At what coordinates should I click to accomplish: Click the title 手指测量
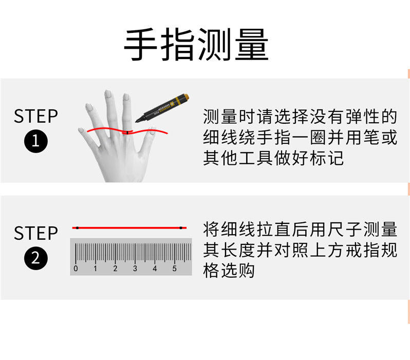tap(196, 45)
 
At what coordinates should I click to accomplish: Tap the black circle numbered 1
tap(36, 141)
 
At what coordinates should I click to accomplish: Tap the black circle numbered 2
tap(36, 258)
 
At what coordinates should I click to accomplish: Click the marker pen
tap(162, 108)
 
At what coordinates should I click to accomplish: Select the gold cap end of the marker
tap(185, 97)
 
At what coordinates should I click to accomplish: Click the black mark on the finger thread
tap(127, 133)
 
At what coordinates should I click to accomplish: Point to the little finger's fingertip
tap(81, 130)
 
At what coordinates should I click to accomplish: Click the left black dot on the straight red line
tap(78, 228)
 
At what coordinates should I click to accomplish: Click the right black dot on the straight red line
tap(181, 228)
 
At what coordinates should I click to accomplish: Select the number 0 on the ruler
tap(76, 269)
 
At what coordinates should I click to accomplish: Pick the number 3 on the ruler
tap(135, 269)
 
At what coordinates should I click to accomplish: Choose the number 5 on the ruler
tap(174, 269)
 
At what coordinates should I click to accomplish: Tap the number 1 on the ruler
tap(95, 269)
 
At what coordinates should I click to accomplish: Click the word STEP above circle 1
tap(36, 116)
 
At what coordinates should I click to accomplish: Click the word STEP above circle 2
tap(36, 233)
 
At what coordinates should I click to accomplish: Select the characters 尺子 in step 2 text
tap(345, 229)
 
